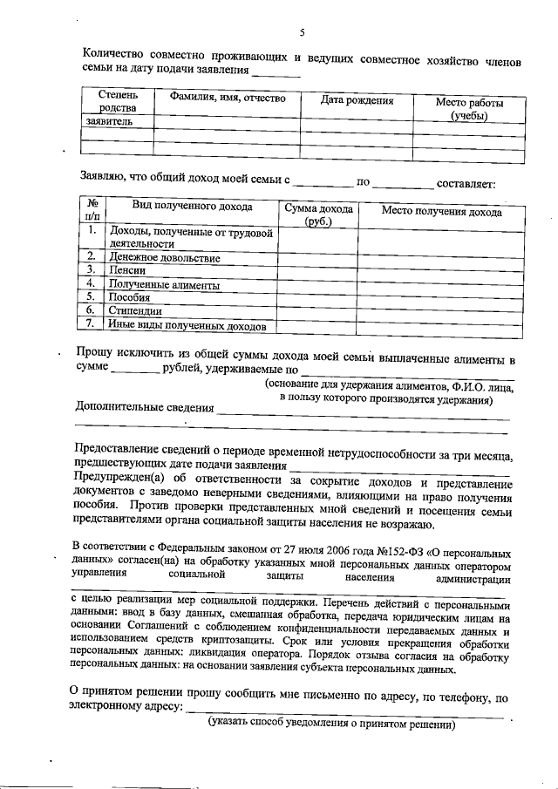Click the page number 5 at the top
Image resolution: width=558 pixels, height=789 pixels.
click(x=302, y=32)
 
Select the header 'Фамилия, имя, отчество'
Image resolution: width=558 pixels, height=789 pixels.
click(x=223, y=99)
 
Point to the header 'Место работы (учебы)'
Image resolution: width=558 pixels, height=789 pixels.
click(x=469, y=109)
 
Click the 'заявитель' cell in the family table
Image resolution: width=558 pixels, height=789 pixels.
click(x=109, y=121)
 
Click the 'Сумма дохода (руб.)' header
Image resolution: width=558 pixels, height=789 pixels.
click(x=318, y=214)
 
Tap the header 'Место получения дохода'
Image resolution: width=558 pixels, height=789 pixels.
click(x=441, y=212)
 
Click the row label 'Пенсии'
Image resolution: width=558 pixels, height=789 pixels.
click(x=127, y=271)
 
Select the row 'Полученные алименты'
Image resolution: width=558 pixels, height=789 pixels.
click(x=164, y=284)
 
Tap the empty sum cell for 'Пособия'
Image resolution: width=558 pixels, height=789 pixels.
click(x=317, y=297)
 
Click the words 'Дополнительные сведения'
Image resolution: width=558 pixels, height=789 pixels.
click(x=144, y=407)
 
